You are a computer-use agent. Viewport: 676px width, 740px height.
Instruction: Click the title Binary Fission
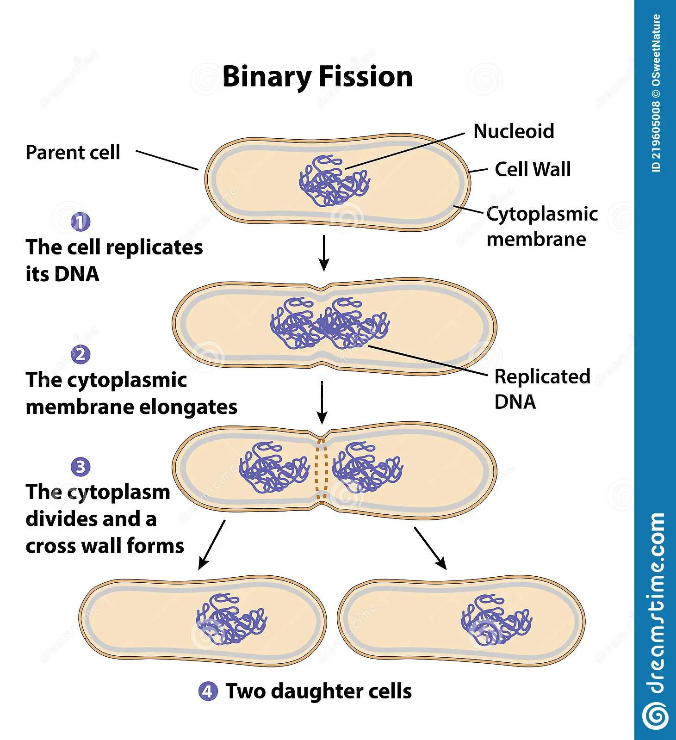pyautogui.click(x=317, y=77)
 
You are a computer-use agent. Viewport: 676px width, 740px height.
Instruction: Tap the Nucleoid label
pyautogui.click(x=514, y=131)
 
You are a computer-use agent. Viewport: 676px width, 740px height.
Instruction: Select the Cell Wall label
pyautogui.click(x=533, y=169)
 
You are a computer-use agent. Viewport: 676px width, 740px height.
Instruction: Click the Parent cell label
pyautogui.click(x=73, y=153)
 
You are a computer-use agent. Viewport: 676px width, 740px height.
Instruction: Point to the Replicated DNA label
pyautogui.click(x=542, y=389)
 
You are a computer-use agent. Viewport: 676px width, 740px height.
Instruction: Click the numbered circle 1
pyautogui.click(x=81, y=222)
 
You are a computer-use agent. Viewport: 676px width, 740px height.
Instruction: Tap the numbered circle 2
pyautogui.click(x=81, y=355)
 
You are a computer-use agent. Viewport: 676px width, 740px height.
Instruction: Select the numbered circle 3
pyautogui.click(x=81, y=467)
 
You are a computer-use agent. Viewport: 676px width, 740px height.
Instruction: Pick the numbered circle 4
pyautogui.click(x=208, y=691)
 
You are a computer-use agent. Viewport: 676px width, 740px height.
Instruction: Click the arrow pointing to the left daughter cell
pyautogui.click(x=211, y=545)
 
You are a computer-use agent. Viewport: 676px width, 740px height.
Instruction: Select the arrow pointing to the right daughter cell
pyautogui.click(x=430, y=548)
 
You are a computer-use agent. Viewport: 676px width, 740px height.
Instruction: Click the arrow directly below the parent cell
pyautogui.click(x=324, y=253)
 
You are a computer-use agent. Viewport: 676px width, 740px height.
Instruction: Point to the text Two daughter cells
pyautogui.click(x=318, y=691)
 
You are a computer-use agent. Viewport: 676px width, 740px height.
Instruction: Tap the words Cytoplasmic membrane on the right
pyautogui.click(x=541, y=227)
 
